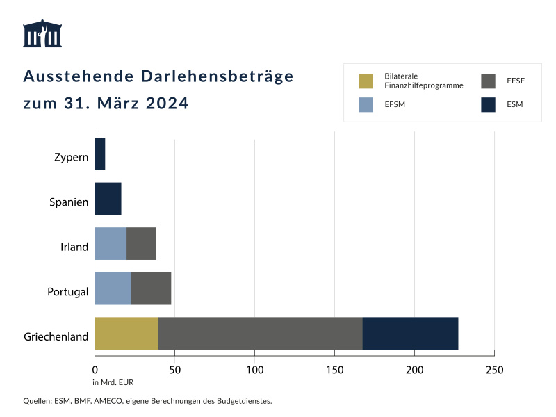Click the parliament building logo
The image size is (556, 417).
tap(42, 34)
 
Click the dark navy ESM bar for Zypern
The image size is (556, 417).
tap(99, 154)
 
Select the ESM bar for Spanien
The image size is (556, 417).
tap(108, 199)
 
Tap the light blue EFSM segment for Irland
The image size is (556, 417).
tap(111, 243)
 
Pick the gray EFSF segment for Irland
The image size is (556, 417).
tap(141, 243)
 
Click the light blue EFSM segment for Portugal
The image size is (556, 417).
tap(113, 288)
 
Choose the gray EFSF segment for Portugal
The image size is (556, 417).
tap(151, 288)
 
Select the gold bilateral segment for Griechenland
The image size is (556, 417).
tap(126, 334)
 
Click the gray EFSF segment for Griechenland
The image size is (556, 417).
tap(260, 334)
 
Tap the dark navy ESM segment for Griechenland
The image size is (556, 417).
tap(410, 334)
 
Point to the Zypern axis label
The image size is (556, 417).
tap(72, 157)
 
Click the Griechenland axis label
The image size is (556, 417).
tap(56, 337)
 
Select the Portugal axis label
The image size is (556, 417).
tap(67, 292)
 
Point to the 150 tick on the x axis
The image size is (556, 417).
tap(335, 369)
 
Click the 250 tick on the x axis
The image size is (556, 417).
tap(494, 369)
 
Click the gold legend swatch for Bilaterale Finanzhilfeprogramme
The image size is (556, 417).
tap(366, 81)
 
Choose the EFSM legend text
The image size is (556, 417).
tap(395, 105)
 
